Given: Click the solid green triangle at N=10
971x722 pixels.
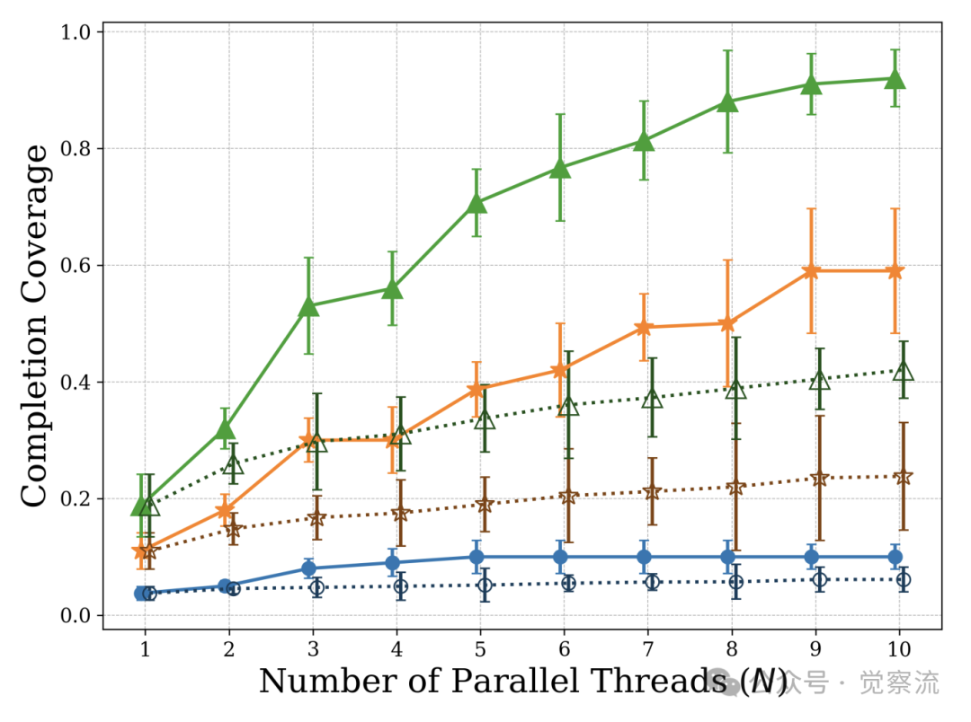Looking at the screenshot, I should click(895, 78).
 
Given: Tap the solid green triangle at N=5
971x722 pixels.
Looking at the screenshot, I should click(477, 203).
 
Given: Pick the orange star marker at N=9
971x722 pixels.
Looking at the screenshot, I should click(812, 271).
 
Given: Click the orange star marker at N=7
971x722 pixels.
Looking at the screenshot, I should click(644, 328).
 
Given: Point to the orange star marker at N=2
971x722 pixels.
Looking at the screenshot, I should click(225, 511).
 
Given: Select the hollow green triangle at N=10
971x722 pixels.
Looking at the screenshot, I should click(903, 370).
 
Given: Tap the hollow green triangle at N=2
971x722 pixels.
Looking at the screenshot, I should click(233, 464).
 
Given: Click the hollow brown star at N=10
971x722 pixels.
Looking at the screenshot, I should click(903, 477).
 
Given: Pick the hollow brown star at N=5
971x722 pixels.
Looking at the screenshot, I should click(485, 505).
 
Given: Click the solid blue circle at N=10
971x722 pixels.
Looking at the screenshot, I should click(895, 557).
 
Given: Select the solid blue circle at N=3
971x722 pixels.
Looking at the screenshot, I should click(308, 568).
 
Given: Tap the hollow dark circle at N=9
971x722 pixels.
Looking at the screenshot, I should click(819, 580).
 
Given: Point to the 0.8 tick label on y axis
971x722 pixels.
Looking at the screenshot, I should click(77, 148).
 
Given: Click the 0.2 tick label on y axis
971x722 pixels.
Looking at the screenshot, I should click(77, 498).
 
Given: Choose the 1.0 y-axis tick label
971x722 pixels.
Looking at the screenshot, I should click(77, 31).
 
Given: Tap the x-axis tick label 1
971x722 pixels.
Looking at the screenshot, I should click(145, 649).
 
